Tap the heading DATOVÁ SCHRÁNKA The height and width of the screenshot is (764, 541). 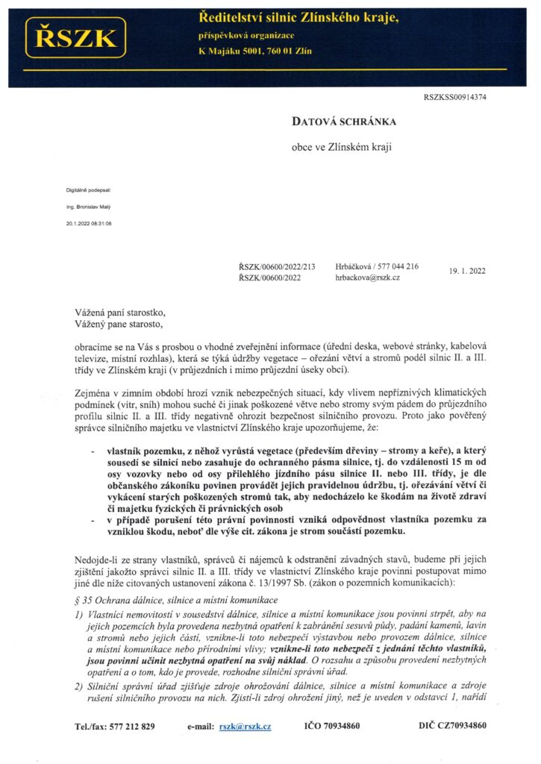tap(343, 121)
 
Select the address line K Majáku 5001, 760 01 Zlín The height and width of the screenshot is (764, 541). tap(254, 51)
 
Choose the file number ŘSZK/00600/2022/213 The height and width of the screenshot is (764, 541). tap(276, 266)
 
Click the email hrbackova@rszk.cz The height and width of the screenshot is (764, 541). tap(368, 278)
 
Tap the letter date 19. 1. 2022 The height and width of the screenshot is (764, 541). tap(467, 272)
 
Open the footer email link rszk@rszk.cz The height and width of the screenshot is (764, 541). tap(246, 726)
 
